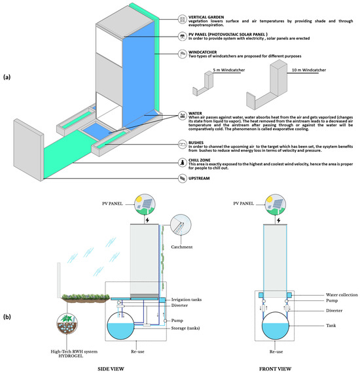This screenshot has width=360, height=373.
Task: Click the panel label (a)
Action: (x=8, y=77)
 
